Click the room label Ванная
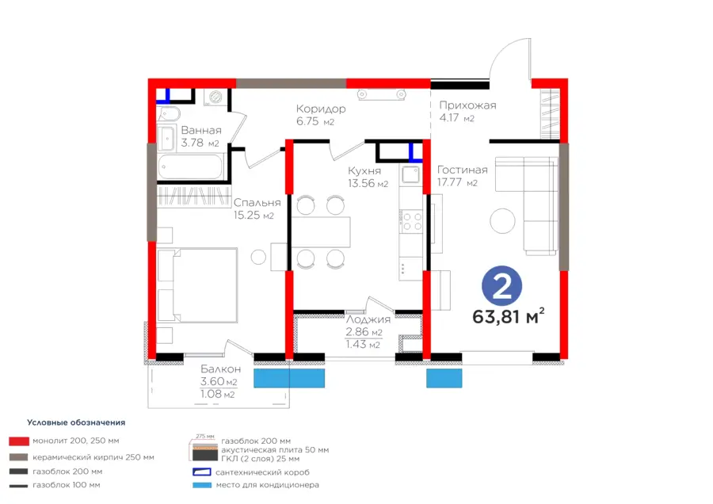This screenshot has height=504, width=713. (x=201, y=130)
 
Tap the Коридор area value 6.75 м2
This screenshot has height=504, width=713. (x=315, y=121)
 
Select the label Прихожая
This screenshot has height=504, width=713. (x=467, y=105)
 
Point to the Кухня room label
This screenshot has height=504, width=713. (x=364, y=171)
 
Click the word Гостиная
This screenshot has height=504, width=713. (x=462, y=170)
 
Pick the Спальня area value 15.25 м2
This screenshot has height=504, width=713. (x=254, y=216)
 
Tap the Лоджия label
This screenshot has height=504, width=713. (x=368, y=319)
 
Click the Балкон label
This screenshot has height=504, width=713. (x=220, y=369)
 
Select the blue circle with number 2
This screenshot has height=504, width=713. (x=502, y=285)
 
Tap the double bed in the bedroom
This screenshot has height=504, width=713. (x=197, y=285)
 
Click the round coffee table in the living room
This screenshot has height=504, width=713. (x=502, y=221)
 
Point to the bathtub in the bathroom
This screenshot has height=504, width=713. (x=191, y=166)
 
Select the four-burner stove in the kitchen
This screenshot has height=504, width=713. (x=411, y=222)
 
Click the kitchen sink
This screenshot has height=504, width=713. (x=410, y=174)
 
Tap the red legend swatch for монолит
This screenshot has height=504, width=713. (x=19, y=441)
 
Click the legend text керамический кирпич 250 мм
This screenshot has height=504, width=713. (x=93, y=456)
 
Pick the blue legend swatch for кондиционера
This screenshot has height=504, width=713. (x=202, y=485)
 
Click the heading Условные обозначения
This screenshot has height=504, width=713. (x=76, y=422)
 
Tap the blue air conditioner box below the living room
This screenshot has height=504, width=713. (x=444, y=378)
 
